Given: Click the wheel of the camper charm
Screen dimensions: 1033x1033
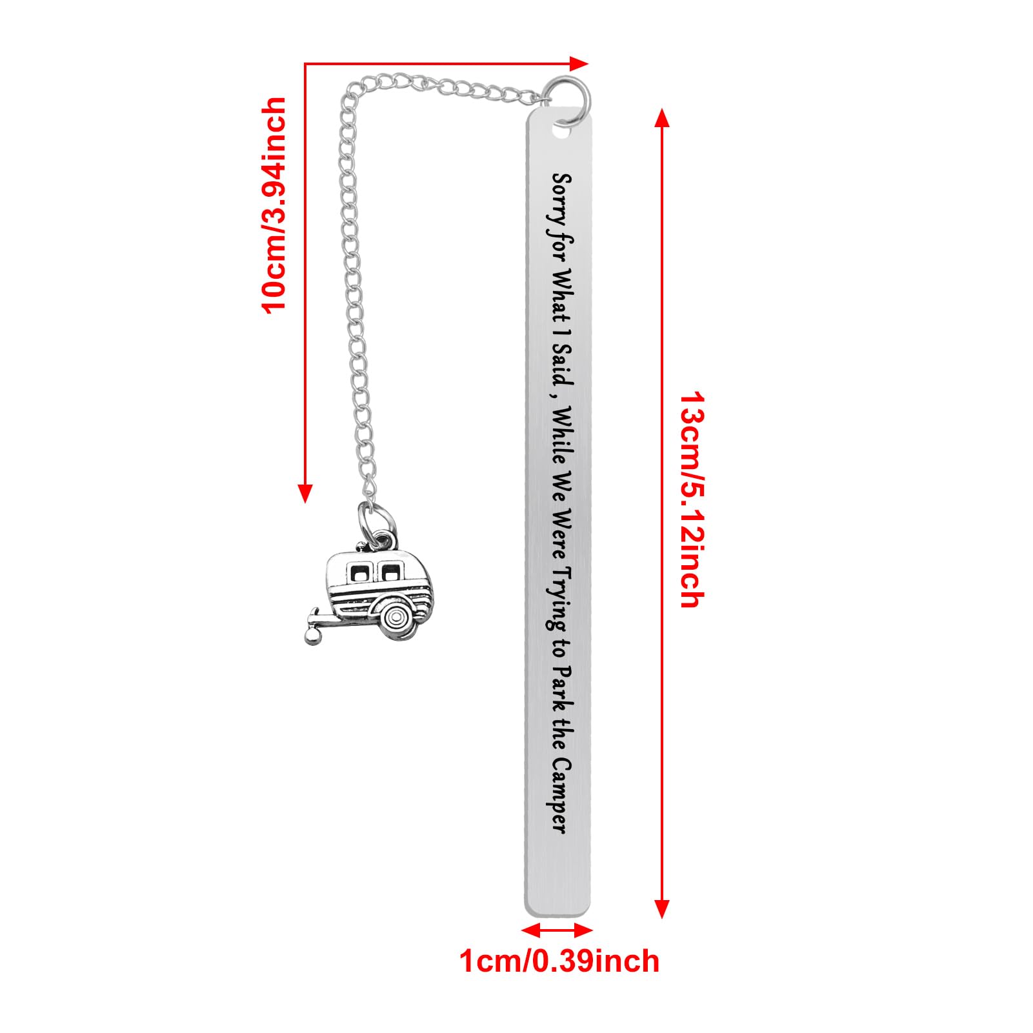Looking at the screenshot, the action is click(x=394, y=616).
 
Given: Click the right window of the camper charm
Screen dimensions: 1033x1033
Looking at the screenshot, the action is click(x=389, y=572).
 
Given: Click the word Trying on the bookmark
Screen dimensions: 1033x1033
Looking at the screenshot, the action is click(x=559, y=597).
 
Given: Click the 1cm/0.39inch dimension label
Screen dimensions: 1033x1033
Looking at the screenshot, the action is click(x=559, y=961).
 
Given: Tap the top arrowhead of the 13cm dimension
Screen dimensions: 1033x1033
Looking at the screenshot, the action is click(x=661, y=120).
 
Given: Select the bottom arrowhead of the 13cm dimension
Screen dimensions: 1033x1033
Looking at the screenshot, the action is click(x=661, y=908).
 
